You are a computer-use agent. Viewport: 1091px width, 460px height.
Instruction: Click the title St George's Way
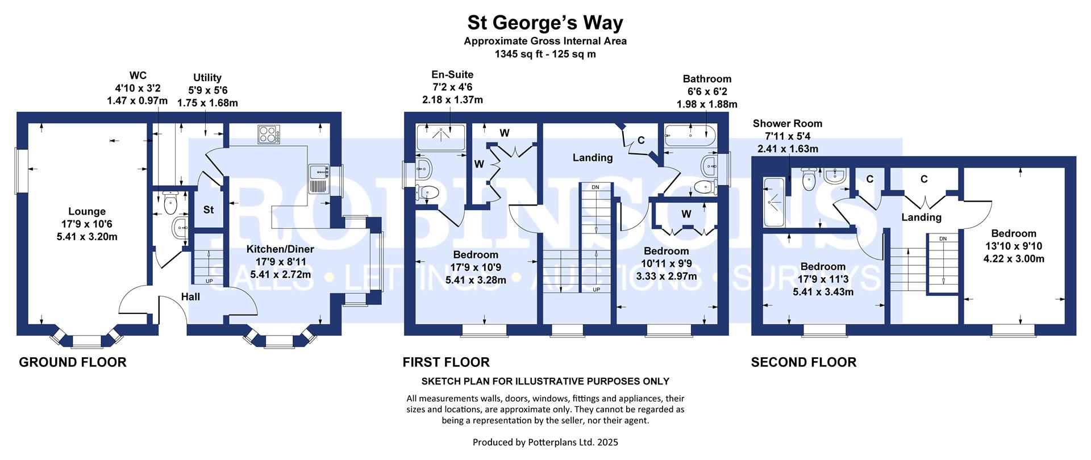coord(545,23)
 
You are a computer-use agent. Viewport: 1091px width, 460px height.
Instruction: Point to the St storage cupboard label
coord(209,210)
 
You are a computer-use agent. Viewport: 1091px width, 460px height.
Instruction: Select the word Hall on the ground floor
coord(190,296)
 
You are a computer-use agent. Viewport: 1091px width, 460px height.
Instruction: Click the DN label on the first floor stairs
coord(595,187)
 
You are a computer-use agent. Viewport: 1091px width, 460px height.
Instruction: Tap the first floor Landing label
coord(593,158)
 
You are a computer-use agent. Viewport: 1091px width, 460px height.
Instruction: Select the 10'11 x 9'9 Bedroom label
coord(666,264)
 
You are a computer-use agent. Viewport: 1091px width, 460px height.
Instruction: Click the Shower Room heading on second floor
coord(787,124)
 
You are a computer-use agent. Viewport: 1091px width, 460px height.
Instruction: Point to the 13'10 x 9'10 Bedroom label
coord(1014,246)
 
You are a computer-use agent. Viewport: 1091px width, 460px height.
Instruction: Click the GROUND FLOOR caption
coord(73,362)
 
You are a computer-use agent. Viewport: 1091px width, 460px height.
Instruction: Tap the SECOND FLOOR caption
coord(803,362)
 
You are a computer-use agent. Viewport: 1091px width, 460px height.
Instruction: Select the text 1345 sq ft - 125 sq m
coord(545,55)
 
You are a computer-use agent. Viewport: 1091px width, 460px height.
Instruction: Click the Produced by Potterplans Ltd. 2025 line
coord(545,442)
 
